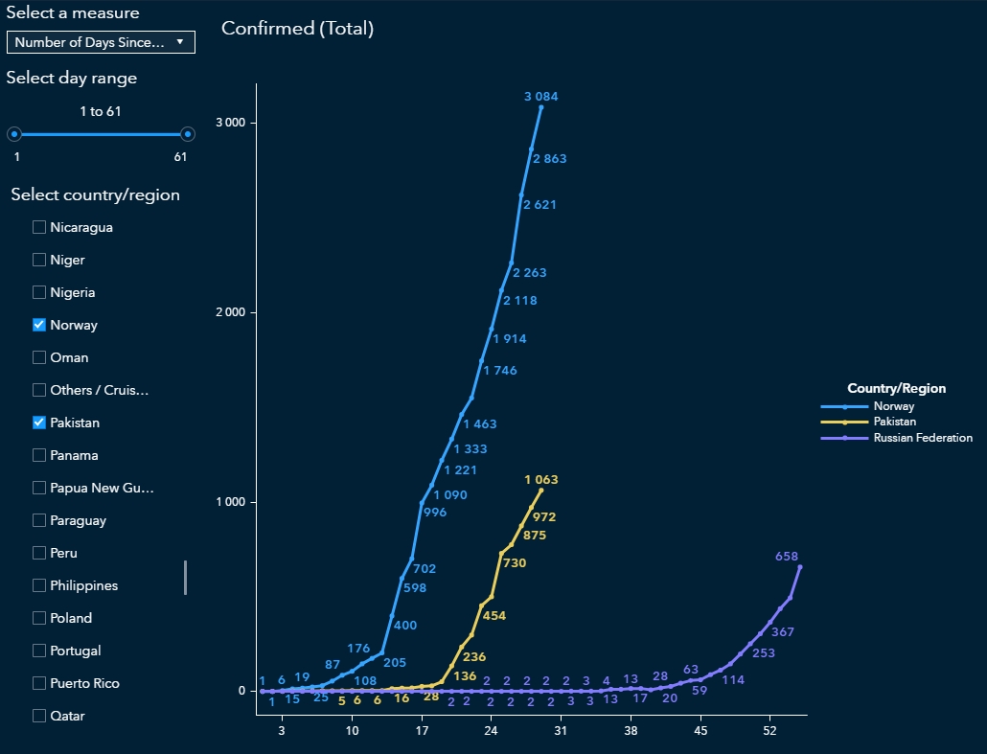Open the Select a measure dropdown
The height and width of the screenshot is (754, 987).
[101, 42]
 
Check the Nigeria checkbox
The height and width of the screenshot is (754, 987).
[39, 292]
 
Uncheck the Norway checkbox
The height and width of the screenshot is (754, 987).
[39, 325]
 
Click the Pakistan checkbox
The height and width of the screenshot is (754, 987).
[39, 423]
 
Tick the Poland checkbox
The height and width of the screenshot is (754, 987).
[39, 618]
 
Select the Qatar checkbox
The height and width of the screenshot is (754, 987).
[39, 716]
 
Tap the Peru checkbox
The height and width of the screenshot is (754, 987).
[39, 553]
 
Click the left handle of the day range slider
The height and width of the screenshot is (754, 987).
[14, 134]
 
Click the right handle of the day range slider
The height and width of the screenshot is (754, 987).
[188, 134]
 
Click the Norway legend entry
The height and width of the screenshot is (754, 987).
[893, 407]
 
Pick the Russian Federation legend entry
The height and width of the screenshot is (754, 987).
[922, 438]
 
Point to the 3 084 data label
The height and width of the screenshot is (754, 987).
[540, 97]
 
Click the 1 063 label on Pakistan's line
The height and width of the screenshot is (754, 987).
[540, 480]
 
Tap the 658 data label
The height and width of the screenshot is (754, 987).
[787, 557]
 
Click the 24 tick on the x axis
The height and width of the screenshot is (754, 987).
[491, 731]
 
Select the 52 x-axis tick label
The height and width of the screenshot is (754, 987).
[769, 731]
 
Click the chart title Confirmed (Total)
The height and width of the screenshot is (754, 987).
[297, 29]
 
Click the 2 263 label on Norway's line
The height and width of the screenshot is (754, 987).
[529, 273]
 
